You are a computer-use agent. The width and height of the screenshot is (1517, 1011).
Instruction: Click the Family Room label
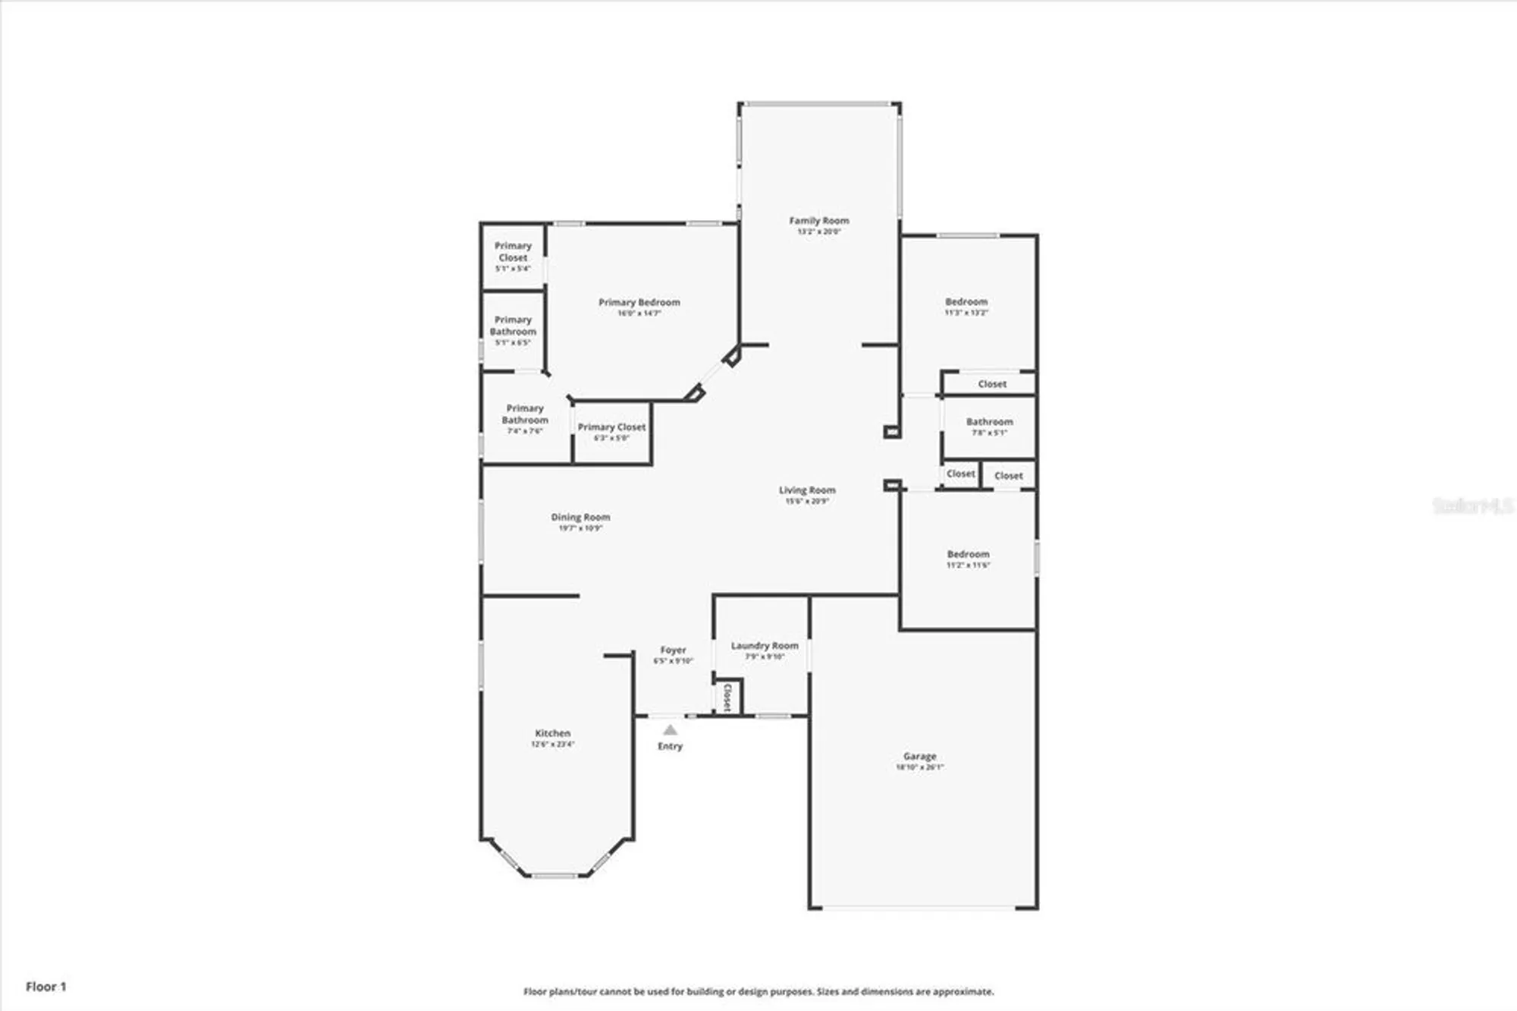[x=818, y=221]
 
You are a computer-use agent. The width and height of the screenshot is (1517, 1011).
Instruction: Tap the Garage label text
[x=919, y=757]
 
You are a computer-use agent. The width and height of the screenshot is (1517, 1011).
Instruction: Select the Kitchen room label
[x=552, y=734]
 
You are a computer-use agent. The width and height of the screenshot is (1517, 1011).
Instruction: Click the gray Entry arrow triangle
[x=670, y=730]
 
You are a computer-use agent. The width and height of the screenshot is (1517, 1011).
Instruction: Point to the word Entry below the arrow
[x=670, y=747]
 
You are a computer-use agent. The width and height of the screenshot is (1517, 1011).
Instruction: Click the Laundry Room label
[x=765, y=646]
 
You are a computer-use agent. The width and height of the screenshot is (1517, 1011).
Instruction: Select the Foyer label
[x=673, y=650]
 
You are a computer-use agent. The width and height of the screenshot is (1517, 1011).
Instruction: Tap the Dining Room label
[x=580, y=518]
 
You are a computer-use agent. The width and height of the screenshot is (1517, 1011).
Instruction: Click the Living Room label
[x=807, y=491]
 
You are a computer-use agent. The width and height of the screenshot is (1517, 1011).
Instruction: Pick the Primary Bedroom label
[x=639, y=303]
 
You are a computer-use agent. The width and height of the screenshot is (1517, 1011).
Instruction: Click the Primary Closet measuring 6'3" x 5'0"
[x=611, y=428]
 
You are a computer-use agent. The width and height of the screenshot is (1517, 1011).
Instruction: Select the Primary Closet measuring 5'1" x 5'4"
[x=513, y=252]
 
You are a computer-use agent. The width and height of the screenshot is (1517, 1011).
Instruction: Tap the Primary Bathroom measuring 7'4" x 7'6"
[x=525, y=414]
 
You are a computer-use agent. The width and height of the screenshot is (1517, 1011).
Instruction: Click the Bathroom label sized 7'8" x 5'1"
[x=989, y=422]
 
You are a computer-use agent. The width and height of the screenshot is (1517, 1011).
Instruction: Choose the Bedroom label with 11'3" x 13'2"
[x=966, y=302]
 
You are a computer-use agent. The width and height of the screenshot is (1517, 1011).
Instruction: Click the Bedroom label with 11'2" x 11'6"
[x=968, y=555]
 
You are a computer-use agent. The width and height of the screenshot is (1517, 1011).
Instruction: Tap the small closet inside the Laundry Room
[x=727, y=697]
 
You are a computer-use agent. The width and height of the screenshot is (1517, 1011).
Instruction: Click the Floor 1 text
[x=46, y=987]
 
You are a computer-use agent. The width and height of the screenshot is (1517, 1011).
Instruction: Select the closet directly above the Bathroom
[x=991, y=384]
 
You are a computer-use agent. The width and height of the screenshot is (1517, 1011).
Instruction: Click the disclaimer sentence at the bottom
[x=758, y=992]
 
